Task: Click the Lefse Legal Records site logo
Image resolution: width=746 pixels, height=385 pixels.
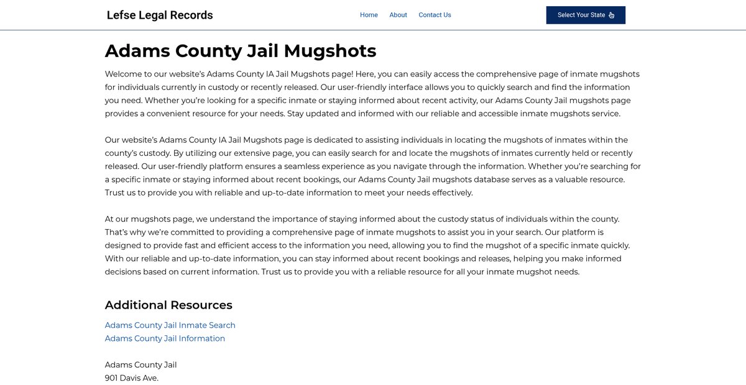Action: (x=160, y=16)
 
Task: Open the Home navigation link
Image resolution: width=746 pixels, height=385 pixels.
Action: (x=369, y=15)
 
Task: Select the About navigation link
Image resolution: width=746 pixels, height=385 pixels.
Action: (x=398, y=15)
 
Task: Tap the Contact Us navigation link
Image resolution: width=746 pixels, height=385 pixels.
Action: (x=435, y=15)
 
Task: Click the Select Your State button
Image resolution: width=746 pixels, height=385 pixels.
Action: (x=585, y=15)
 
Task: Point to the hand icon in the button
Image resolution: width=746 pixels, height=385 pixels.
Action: (x=612, y=16)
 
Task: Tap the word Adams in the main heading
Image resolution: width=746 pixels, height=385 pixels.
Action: (x=137, y=51)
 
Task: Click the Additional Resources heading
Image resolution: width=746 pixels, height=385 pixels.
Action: (x=168, y=305)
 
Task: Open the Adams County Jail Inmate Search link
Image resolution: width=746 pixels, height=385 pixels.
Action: (x=170, y=325)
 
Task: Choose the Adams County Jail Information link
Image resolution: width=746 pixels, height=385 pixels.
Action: (x=165, y=338)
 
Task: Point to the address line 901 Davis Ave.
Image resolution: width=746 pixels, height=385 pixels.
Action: (x=132, y=378)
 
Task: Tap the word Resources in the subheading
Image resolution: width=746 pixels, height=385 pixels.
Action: (x=201, y=305)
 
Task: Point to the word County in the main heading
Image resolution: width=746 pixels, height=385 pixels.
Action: (x=208, y=51)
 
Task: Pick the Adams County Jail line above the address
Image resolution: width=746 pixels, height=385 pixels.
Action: (x=140, y=365)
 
